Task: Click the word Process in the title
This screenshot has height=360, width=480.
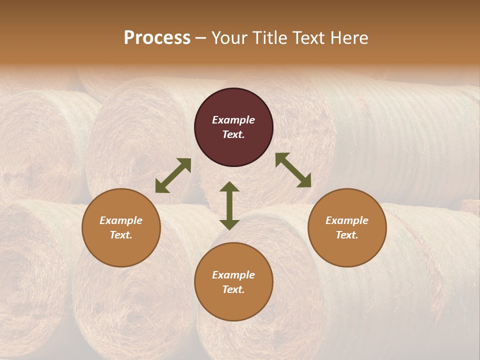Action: (x=157, y=38)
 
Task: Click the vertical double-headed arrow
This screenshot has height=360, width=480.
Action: (x=229, y=205)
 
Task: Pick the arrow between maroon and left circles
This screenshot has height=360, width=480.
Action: (x=173, y=175)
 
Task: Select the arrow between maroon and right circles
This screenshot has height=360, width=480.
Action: (x=293, y=170)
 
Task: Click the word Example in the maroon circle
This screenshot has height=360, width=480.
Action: (x=233, y=120)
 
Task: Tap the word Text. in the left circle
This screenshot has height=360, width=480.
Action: (x=121, y=235)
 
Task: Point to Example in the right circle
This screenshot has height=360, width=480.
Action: (x=347, y=220)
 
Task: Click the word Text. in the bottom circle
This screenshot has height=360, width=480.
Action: (x=233, y=289)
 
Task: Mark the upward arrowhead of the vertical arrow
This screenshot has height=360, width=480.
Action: (x=229, y=187)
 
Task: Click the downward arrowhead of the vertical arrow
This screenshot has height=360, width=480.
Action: (x=229, y=224)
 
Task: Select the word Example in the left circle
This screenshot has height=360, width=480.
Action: (x=121, y=220)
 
